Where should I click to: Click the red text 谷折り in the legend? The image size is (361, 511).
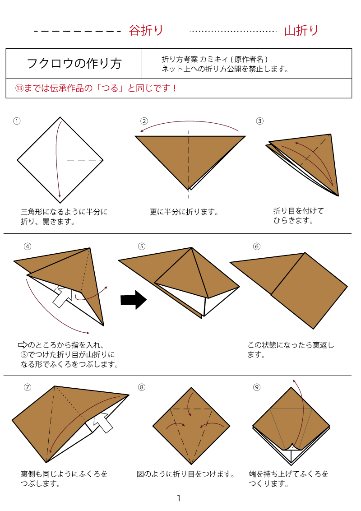(146, 31)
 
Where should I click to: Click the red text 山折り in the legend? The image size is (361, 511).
(301, 31)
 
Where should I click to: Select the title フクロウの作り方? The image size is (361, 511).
(74, 64)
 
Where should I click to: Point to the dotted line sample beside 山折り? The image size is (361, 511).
(233, 31)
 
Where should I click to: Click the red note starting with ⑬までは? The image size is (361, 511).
(96, 88)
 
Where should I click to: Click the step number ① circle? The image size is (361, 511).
(17, 121)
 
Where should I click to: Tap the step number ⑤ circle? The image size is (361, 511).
(142, 246)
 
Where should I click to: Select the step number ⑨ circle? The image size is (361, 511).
(257, 387)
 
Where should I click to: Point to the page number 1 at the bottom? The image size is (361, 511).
(179, 498)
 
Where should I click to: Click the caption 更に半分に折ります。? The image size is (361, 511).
(184, 212)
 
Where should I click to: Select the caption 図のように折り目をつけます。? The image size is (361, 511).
(186, 474)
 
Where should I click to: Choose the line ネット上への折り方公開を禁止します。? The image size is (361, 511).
(225, 69)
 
